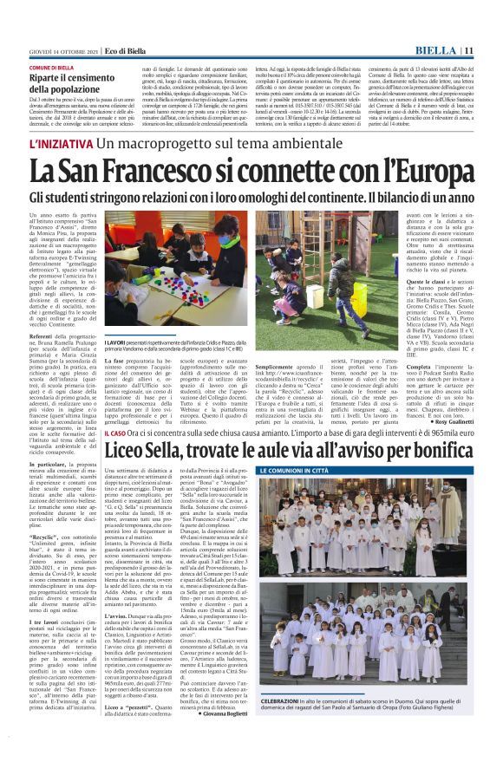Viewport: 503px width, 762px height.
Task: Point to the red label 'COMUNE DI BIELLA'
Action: click(50, 68)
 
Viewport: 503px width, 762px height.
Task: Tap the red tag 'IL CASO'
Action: click(116, 455)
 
